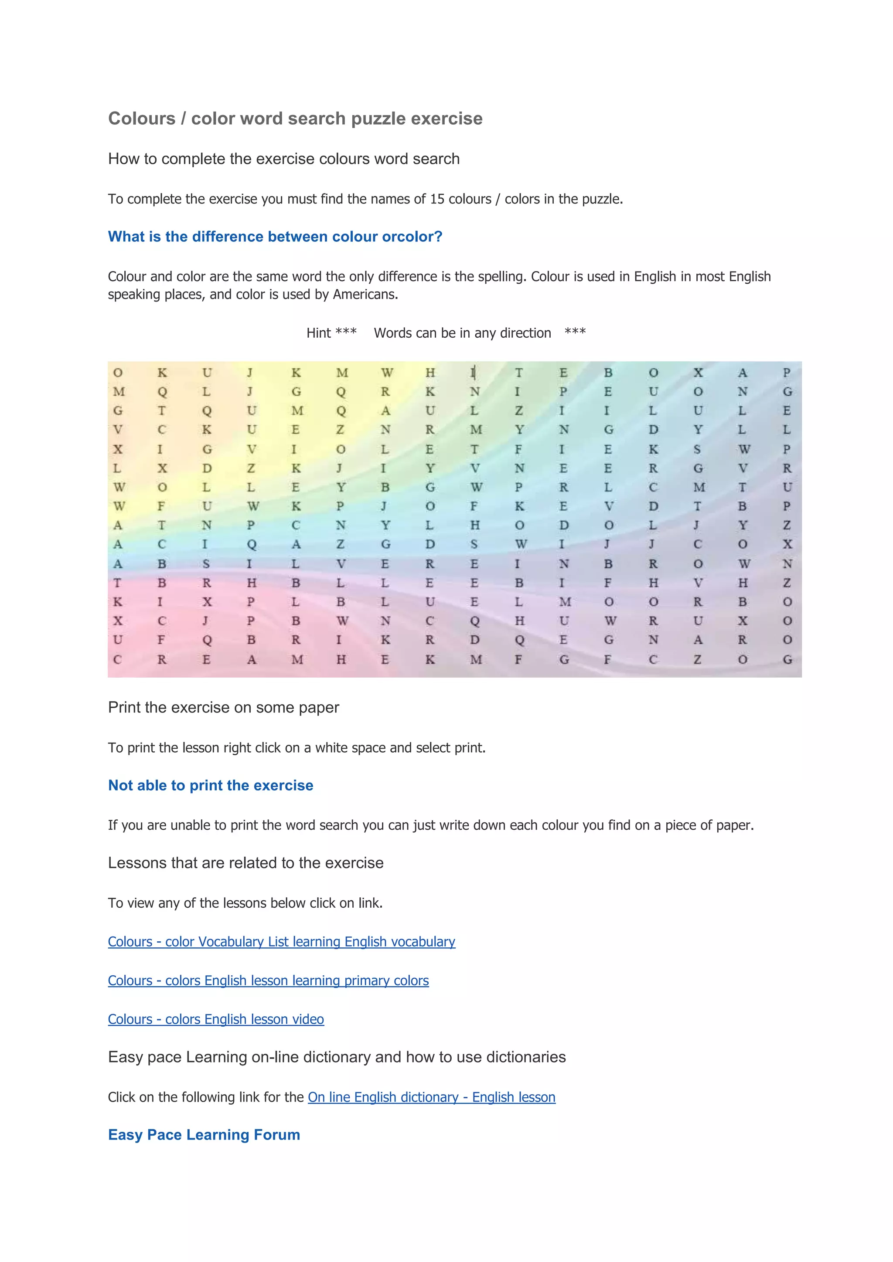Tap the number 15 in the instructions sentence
pyautogui.click(x=437, y=199)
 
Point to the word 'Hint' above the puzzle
pyautogui.click(x=318, y=333)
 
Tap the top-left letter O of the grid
pyautogui.click(x=118, y=373)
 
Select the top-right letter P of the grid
pyautogui.click(x=787, y=373)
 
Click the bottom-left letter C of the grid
pyautogui.click(x=118, y=659)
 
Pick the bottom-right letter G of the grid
pyautogui.click(x=787, y=659)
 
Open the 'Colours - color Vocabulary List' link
pyautogui.click(x=282, y=942)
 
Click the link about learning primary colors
pyautogui.click(x=268, y=980)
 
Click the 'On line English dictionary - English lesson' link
pyautogui.click(x=432, y=1097)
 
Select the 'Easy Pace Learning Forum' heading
pyautogui.click(x=204, y=1135)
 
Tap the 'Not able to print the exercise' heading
pyautogui.click(x=211, y=785)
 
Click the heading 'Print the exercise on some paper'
pyautogui.click(x=223, y=707)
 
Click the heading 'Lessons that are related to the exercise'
pyautogui.click(x=245, y=863)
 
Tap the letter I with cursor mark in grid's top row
pyautogui.click(x=473, y=373)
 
